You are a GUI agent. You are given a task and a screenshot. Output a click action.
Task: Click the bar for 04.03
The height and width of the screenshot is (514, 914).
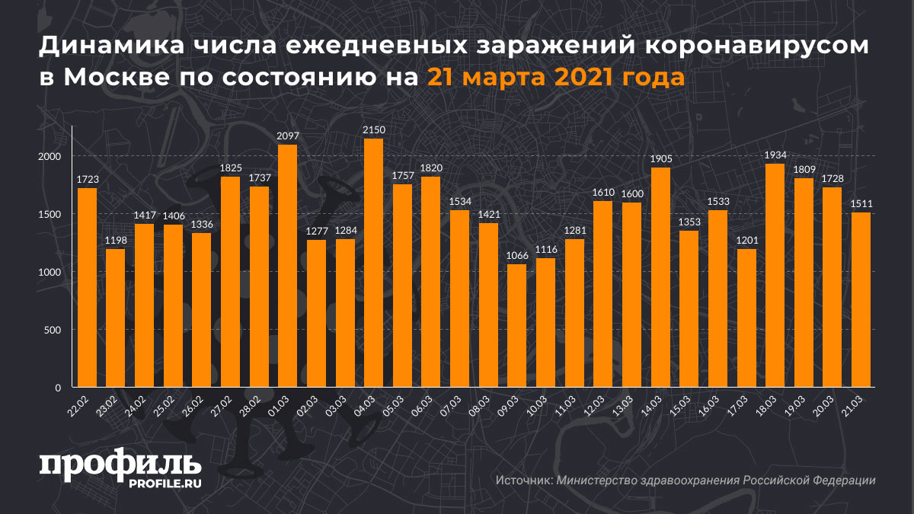(374, 263)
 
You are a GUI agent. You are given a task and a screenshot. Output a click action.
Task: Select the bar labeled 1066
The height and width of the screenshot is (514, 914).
(517, 326)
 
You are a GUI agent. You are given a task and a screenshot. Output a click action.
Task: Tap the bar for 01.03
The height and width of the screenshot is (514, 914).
(288, 266)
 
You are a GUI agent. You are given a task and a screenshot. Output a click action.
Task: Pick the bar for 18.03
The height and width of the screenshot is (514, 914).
(775, 276)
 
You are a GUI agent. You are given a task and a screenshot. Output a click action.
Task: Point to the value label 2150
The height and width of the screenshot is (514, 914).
(374, 131)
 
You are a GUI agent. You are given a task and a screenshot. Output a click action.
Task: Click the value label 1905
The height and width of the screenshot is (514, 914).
(660, 159)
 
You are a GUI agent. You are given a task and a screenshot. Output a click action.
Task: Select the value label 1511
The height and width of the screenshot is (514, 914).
(861, 205)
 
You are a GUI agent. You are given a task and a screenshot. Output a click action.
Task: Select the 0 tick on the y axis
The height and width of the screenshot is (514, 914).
(58, 388)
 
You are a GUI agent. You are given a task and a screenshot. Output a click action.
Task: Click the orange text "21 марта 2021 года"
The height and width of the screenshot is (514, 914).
(555, 78)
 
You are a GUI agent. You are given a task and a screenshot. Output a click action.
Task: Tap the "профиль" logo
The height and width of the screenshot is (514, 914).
(120, 465)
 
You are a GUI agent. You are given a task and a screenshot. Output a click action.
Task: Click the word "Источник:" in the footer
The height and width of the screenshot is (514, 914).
(523, 480)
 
